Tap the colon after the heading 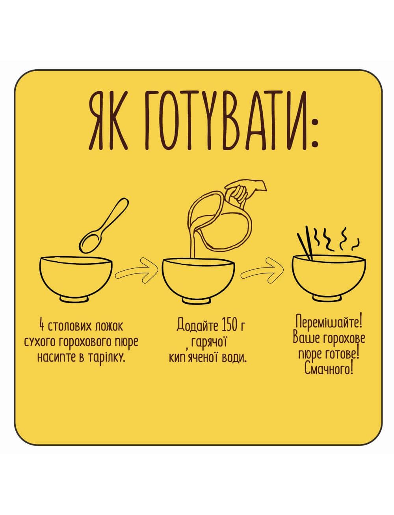click(x=314, y=133)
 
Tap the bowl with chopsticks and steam click(x=329, y=277)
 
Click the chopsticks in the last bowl click(x=305, y=243)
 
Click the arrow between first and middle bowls click(x=136, y=270)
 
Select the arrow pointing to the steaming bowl click(x=262, y=269)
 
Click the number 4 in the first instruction click(x=42, y=326)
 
